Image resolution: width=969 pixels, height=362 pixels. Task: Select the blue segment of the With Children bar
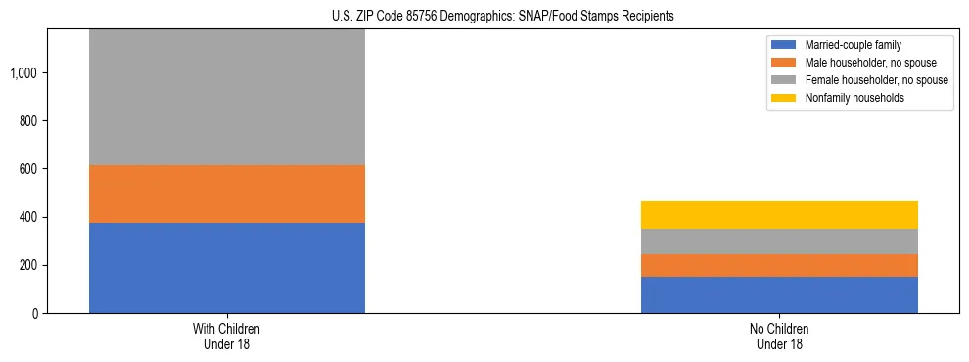pos(227,268)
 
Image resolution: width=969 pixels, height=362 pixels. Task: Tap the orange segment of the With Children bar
pos(227,194)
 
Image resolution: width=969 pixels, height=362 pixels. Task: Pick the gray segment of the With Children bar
pos(227,97)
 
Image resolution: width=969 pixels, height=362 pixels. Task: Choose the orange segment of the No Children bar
pos(779,265)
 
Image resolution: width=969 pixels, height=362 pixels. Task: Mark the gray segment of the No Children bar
pos(779,242)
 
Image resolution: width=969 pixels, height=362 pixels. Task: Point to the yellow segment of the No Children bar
pos(779,214)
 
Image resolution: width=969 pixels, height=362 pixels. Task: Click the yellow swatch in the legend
pos(785,98)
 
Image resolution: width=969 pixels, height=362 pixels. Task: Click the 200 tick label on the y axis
pos(31,266)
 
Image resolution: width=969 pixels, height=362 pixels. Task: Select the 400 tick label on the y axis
pos(31,218)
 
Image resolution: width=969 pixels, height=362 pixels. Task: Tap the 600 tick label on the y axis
pos(31,169)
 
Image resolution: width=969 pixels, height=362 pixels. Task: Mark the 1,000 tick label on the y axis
pos(26,73)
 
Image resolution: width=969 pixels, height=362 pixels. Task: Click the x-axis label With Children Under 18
pos(227,337)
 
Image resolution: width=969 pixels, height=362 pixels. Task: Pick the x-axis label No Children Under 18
pos(779,337)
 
